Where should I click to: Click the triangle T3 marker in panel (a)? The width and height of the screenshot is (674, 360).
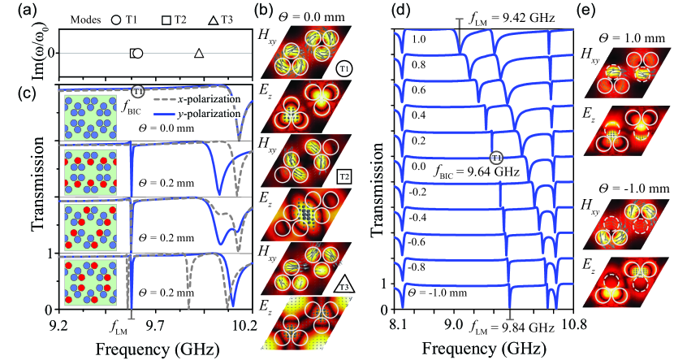(199, 53)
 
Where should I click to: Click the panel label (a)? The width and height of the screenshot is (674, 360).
(15, 10)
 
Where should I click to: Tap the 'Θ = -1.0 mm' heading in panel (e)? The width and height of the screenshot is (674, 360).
(634, 187)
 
